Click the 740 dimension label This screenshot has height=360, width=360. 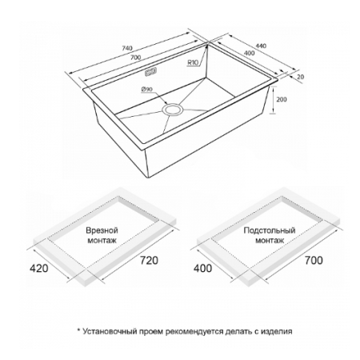[127, 48]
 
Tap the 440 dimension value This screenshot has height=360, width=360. [261, 46]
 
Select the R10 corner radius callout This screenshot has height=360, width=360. [192, 62]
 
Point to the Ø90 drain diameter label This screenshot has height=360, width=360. [147, 89]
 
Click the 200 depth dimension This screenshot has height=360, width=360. [282, 99]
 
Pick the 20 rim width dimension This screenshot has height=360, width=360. [300, 77]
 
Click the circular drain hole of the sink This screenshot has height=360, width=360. [173, 110]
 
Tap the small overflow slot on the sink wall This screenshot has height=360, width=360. [151, 72]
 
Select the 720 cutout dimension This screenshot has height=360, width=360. [149, 261]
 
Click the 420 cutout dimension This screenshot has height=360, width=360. [39, 268]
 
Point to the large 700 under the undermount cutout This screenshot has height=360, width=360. [314, 261]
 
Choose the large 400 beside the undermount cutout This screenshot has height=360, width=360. [202, 268]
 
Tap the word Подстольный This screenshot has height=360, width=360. [270, 230]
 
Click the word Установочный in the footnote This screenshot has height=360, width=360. [110, 331]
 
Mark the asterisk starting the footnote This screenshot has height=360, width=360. [78, 330]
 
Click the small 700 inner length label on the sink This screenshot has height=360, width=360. [136, 58]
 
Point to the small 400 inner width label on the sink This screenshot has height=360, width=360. [249, 53]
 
